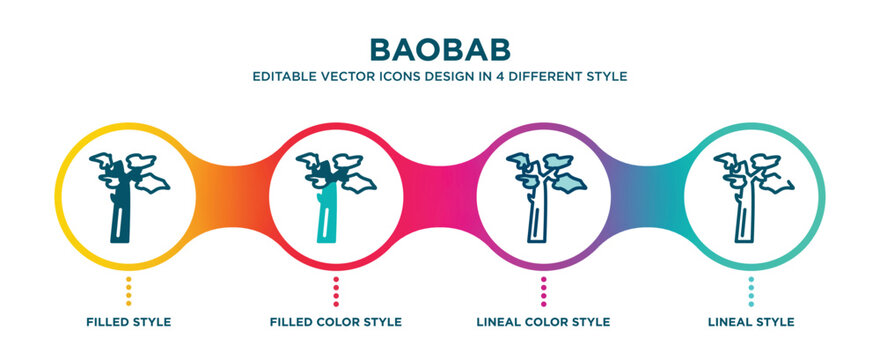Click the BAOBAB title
click(440, 49)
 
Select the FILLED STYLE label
click(128, 322)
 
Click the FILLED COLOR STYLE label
click(336, 322)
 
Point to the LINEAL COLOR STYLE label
click(544, 322)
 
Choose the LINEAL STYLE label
click(752, 322)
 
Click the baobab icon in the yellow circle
click(127, 195)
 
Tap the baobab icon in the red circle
click(335, 195)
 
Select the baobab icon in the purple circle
click(543, 195)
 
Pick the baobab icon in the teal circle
click(751, 195)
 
